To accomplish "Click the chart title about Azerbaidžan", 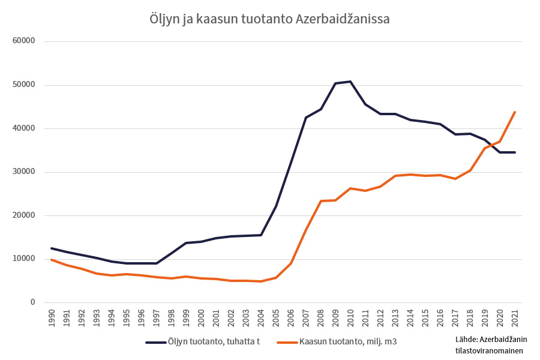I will [269, 19].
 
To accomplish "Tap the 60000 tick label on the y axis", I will [25, 41].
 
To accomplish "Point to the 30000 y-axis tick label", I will [25, 172].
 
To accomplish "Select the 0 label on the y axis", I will [34, 302].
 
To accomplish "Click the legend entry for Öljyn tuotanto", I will [203, 342].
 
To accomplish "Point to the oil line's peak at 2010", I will [350, 82].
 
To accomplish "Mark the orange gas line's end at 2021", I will [515, 112].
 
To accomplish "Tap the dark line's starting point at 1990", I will [52, 248].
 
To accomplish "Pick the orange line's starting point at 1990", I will [52, 260].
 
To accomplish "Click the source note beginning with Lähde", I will [488, 345].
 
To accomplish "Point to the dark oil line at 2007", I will [306, 118].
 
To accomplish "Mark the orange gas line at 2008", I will [321, 201].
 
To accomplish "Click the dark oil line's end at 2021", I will [515, 152].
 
